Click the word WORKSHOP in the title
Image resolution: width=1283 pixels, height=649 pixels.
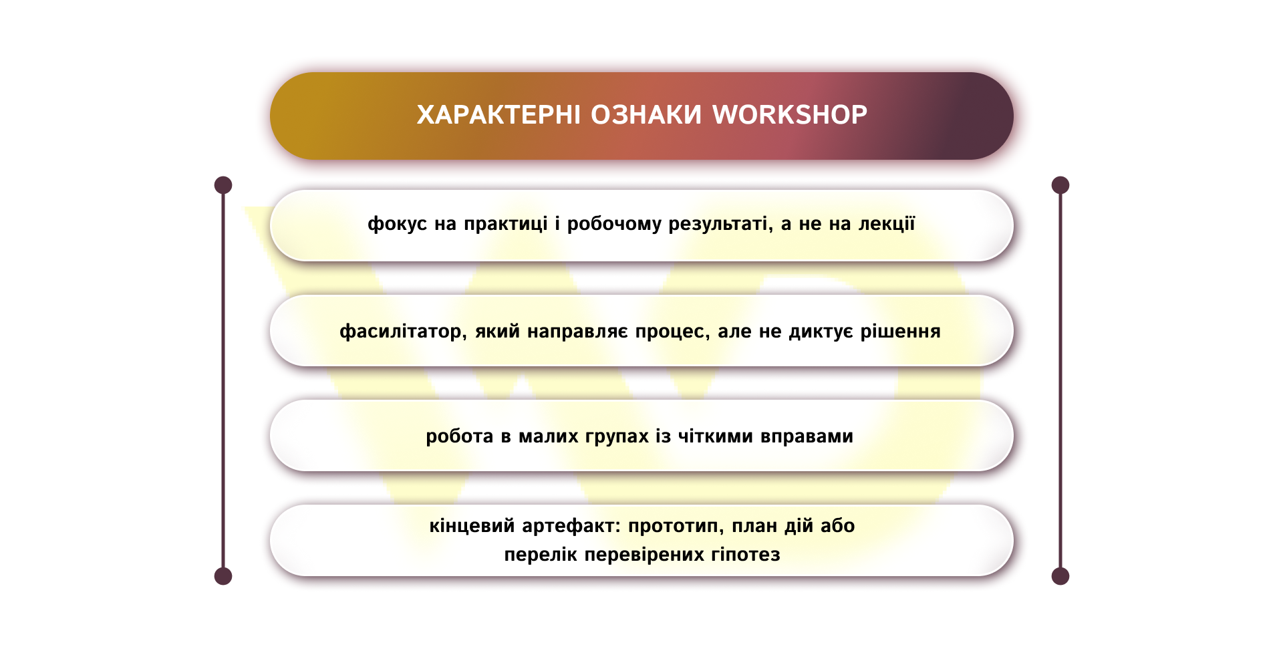tap(789, 115)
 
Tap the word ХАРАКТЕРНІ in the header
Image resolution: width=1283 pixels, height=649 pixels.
tap(498, 115)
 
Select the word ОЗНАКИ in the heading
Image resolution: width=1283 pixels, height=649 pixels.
tap(646, 115)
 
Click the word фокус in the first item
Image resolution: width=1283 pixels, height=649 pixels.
tap(397, 224)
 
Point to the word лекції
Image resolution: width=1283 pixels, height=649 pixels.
tap(886, 224)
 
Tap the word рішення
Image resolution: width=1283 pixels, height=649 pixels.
tap(900, 332)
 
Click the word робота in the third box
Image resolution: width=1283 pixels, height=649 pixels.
tap(459, 436)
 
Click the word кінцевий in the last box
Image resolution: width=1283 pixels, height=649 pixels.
tap(472, 526)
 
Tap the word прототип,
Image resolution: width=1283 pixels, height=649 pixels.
tap(676, 526)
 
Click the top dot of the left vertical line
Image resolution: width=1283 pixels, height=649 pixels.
tap(223, 185)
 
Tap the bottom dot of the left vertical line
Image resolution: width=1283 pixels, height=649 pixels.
tap(223, 576)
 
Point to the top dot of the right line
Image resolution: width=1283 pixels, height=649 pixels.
tap(1060, 185)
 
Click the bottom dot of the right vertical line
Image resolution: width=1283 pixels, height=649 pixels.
tap(1060, 576)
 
